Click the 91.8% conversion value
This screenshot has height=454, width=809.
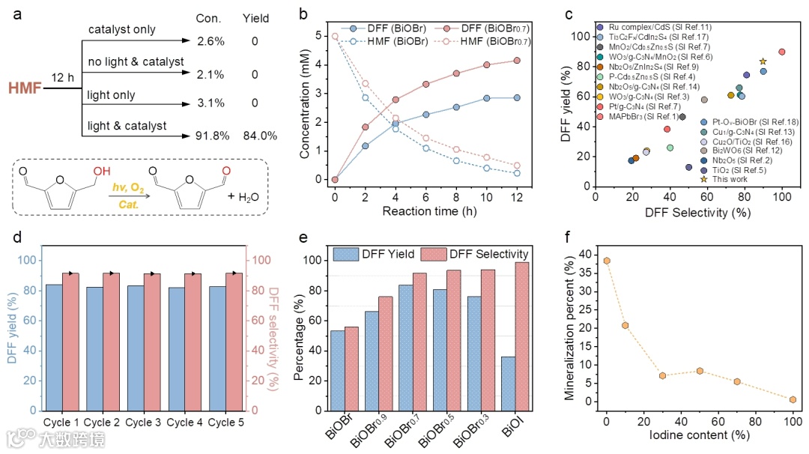(x=209, y=136)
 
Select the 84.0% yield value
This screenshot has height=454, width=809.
(x=260, y=136)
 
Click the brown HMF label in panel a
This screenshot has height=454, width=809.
(x=22, y=88)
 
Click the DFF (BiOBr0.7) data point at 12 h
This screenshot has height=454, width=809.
(x=515, y=61)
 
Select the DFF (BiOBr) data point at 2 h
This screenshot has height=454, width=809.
(x=366, y=146)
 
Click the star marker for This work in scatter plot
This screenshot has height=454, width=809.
(x=763, y=62)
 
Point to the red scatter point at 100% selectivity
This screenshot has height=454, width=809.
(x=781, y=52)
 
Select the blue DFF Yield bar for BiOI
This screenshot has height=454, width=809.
(x=509, y=384)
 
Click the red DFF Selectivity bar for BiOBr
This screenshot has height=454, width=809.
(x=351, y=369)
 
